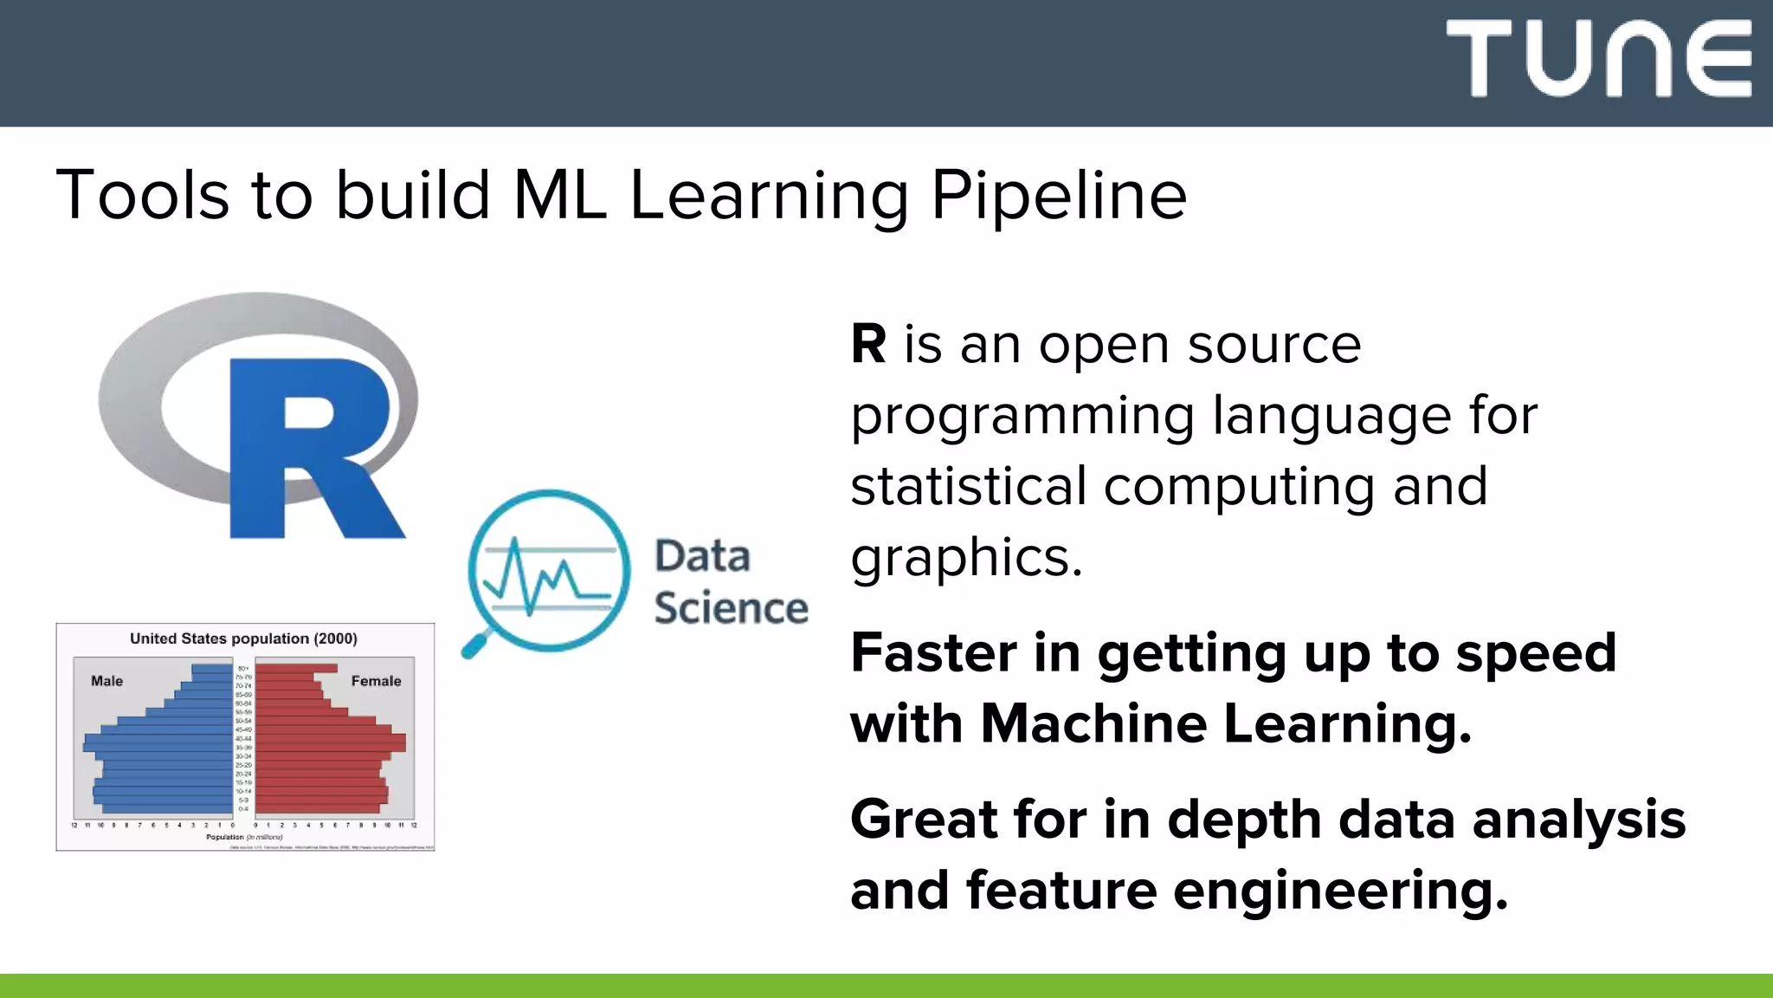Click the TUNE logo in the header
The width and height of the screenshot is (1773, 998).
1598,59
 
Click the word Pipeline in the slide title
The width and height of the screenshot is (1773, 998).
1058,196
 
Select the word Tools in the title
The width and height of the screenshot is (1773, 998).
143,196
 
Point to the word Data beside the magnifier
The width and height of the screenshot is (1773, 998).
702,556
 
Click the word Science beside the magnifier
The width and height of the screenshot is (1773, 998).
731,608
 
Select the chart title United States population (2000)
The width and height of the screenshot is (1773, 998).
243,638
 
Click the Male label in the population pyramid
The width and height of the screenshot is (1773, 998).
106,681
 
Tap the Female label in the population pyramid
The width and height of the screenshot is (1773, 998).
376,681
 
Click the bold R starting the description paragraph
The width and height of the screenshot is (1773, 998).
868,345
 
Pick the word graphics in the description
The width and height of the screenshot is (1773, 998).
966,558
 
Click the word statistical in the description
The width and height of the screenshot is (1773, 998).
968,487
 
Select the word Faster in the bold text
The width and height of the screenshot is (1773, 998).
933,653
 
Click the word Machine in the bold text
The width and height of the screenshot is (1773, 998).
1093,724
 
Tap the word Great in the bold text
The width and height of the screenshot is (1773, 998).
923,820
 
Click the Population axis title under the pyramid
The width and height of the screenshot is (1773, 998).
225,837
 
